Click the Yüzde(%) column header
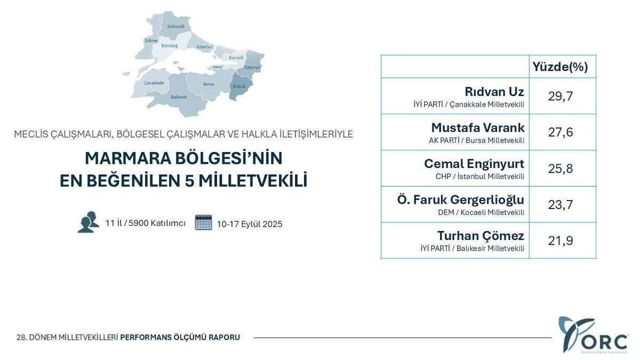pyautogui.click(x=560, y=67)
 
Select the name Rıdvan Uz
pyautogui.click(x=494, y=91)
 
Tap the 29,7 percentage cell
pyautogui.click(x=561, y=96)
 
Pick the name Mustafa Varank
pyautogui.click(x=478, y=127)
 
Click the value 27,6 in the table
pyautogui.click(x=561, y=132)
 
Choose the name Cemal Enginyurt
pyautogui.click(x=474, y=164)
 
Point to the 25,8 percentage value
pyautogui.click(x=561, y=169)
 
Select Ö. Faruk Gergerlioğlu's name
pyautogui.click(x=461, y=200)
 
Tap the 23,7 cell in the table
pyautogui.click(x=561, y=205)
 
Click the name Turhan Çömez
pyautogui.click(x=481, y=236)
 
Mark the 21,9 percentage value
pyautogui.click(x=561, y=241)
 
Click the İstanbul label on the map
pyautogui.click(x=204, y=47)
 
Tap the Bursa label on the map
pyautogui.click(x=209, y=84)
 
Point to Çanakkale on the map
pyautogui.click(x=154, y=83)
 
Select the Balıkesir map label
pyautogui.click(x=179, y=97)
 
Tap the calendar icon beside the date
pyautogui.click(x=203, y=222)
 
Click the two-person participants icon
pyautogui.click(x=89, y=222)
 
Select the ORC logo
pyautogui.click(x=591, y=334)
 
